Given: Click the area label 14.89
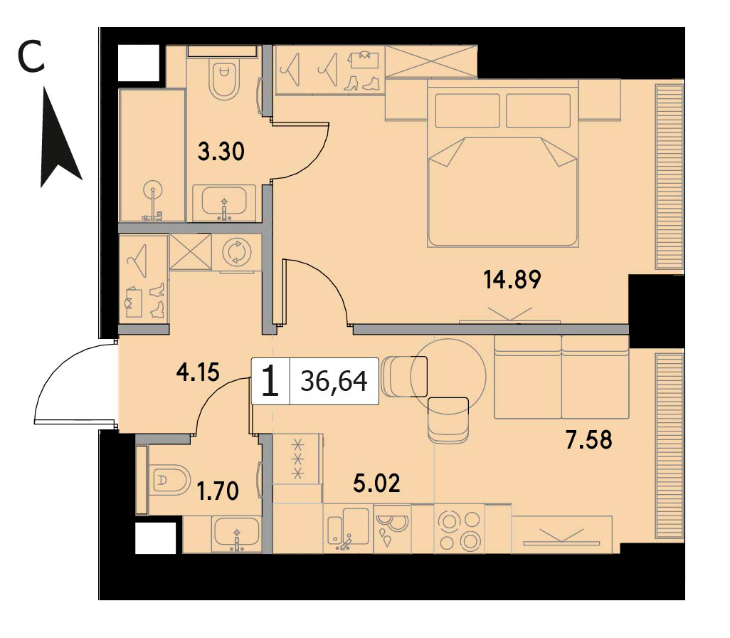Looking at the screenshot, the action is [x=512, y=280].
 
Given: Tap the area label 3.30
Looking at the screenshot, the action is [x=221, y=152].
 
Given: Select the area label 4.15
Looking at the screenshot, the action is [x=198, y=372].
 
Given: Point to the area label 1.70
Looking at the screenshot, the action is [x=218, y=491].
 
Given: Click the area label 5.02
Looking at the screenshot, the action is [x=376, y=483].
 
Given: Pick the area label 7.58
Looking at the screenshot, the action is [x=589, y=440].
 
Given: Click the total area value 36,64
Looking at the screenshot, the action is [x=334, y=381].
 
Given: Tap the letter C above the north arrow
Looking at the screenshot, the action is [x=31, y=56].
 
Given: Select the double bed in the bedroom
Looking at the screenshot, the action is [x=503, y=163].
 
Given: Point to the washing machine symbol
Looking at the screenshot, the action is [x=236, y=252].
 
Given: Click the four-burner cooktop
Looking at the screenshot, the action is [x=460, y=530].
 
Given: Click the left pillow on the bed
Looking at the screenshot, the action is [x=467, y=110].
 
